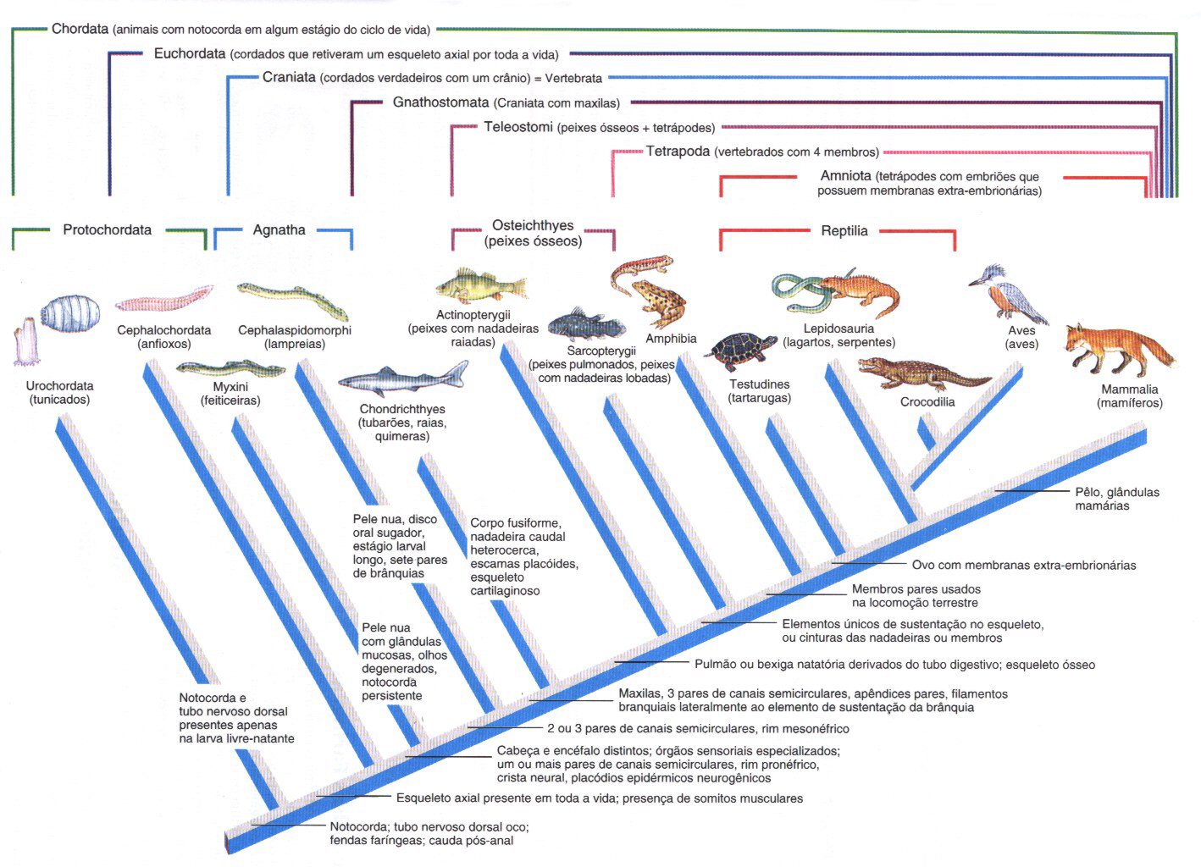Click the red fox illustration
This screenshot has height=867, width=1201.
pos(1118,349)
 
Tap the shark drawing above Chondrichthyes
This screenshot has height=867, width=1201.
pos(404,380)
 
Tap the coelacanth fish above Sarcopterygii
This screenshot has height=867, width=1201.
pos(586,324)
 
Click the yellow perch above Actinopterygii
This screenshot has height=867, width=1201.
pos(479,286)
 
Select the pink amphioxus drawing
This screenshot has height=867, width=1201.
pos(163,299)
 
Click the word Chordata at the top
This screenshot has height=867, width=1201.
pos(80,29)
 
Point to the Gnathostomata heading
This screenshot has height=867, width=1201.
pos(440,102)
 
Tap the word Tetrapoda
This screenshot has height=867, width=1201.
pos(678,152)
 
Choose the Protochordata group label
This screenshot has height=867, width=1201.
pos(107,229)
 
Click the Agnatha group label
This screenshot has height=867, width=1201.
pos(279,229)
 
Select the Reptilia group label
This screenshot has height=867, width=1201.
pos(844,231)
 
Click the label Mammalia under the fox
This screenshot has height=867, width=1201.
pos(1129,389)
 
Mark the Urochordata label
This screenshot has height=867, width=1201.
pos(59,386)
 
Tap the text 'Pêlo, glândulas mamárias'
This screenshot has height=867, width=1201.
pos(1116,499)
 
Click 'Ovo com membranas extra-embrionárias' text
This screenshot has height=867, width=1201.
pos(1023,565)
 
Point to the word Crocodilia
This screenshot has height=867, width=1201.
pos(927,402)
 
